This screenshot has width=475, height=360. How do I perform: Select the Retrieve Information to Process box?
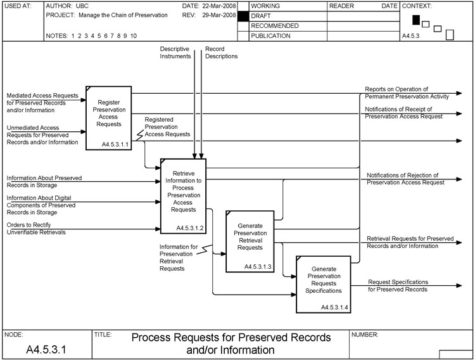pos(184,193)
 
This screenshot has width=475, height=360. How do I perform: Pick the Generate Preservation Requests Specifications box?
pos(323,282)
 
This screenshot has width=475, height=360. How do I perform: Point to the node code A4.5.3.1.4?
pos(334,307)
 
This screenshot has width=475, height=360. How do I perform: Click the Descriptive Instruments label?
pos(175,53)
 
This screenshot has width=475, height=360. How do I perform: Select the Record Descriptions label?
pos(221,53)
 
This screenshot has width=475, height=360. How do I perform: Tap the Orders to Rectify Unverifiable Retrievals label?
pos(37,228)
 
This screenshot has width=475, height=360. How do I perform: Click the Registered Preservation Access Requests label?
pos(167,127)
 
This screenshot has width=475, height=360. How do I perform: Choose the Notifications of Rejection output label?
pos(405,178)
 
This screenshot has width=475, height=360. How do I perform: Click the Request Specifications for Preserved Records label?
pos(398,285)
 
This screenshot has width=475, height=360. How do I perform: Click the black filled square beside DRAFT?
pos(241,16)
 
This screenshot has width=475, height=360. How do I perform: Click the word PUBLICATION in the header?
pos(271,36)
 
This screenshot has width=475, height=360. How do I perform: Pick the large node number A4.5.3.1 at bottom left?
pos(45,349)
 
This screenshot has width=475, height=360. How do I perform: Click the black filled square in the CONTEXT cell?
pos(416,20)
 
